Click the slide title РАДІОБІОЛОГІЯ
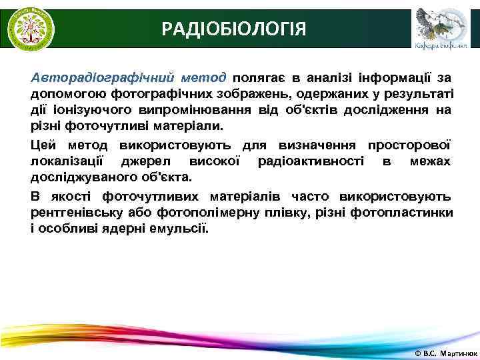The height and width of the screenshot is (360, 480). [x=234, y=29]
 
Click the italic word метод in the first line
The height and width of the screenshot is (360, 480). [x=203, y=77]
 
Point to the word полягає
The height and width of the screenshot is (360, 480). [x=261, y=77]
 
